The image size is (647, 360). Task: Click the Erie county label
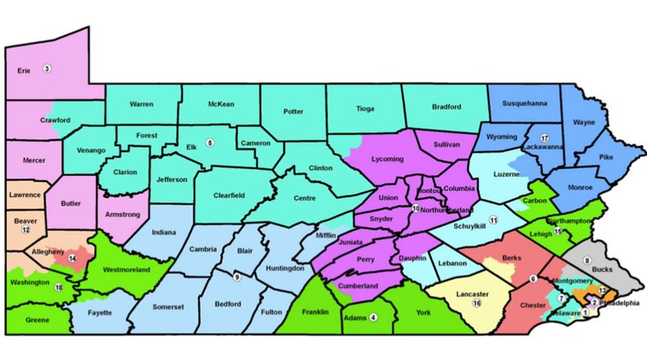point(26,69)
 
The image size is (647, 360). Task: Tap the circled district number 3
point(48,69)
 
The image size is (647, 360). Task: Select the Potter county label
point(294,112)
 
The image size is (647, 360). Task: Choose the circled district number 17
point(544,138)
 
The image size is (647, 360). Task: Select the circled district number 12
point(26,229)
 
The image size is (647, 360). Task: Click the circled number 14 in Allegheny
point(72,259)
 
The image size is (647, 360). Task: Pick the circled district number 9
point(236,278)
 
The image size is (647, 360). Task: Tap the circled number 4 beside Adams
point(373,318)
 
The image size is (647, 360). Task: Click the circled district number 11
point(494,219)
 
